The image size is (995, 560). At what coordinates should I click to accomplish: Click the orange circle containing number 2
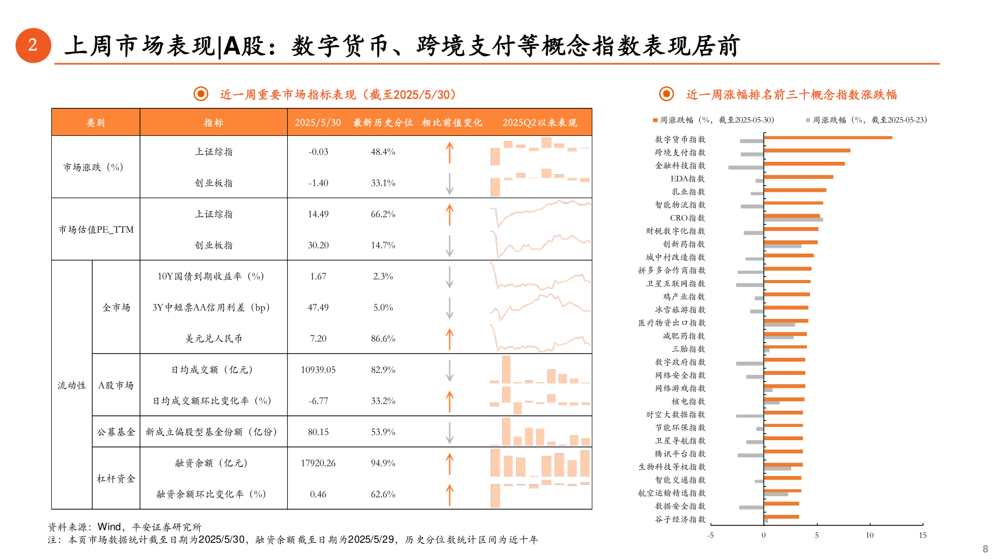tap(33, 46)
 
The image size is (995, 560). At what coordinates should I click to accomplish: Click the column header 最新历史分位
tap(383, 123)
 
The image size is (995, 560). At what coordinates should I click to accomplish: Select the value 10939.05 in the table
tap(318, 370)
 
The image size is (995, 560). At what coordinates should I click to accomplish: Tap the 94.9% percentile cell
tap(383, 463)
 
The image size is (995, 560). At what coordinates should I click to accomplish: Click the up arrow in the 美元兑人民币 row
tap(449, 339)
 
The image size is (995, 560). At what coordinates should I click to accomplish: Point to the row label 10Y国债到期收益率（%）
tap(211, 276)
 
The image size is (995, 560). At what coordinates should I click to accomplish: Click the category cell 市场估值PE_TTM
tap(96, 230)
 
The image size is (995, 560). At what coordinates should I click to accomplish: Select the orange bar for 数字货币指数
tap(828, 137)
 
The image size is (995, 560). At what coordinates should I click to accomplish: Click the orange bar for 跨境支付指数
tap(807, 150)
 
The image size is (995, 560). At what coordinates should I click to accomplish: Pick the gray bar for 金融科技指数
tap(746, 167)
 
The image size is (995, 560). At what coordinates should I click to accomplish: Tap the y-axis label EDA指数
tap(687, 179)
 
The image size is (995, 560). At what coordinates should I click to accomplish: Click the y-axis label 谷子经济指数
tap(680, 519)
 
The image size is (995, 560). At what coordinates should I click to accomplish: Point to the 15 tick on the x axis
tap(922, 536)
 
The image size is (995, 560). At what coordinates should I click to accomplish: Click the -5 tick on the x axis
tap(710, 536)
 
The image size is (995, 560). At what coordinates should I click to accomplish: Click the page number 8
tap(985, 549)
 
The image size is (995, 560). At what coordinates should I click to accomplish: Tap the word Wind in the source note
tap(109, 527)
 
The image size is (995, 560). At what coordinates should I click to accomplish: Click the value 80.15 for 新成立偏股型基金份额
tap(318, 432)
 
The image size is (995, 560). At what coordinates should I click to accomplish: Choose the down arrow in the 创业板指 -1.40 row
tap(449, 184)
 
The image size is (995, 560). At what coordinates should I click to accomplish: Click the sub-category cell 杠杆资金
tap(116, 479)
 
